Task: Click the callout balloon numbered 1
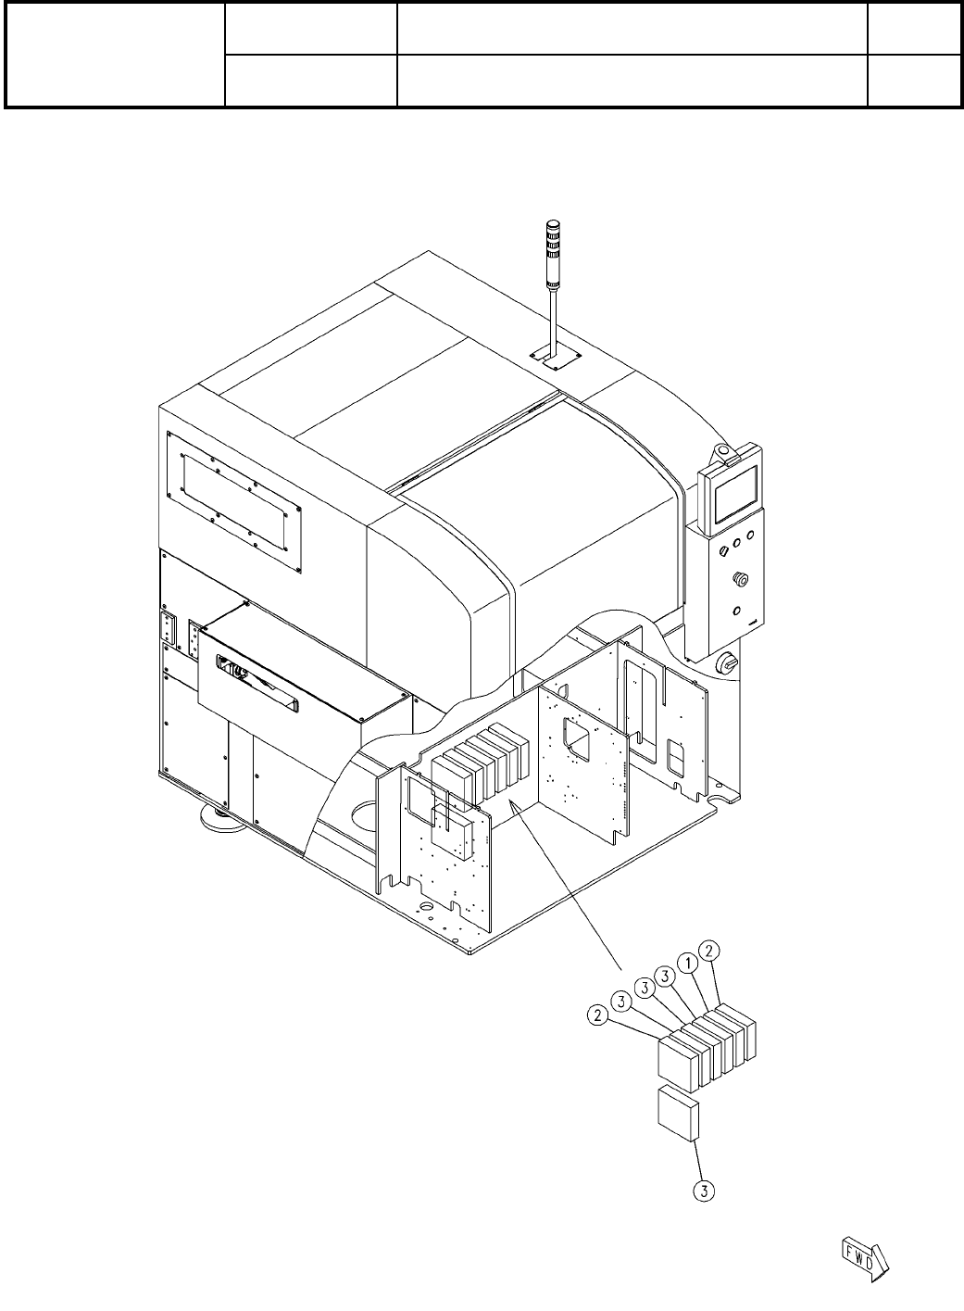687,964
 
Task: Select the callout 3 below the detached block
705,1191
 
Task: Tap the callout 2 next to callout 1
709,950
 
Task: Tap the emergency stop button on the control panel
739,579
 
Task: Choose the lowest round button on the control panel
737,611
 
